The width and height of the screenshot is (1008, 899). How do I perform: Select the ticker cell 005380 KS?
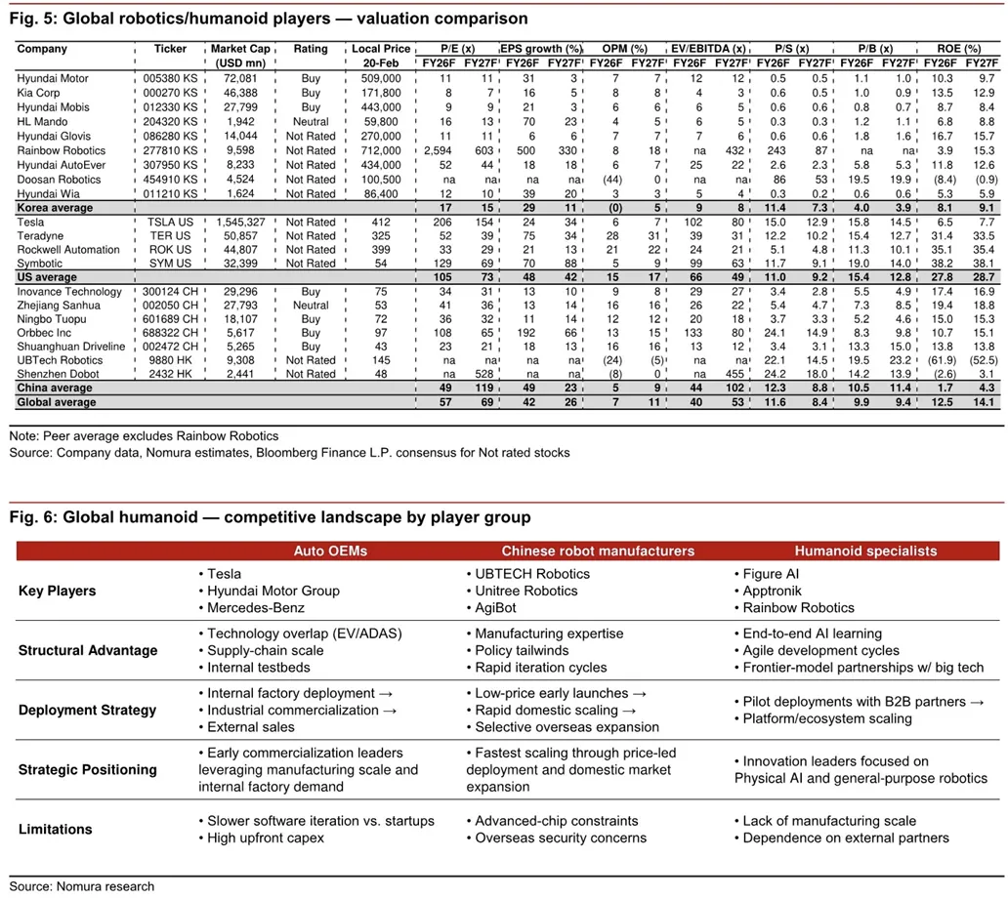pyautogui.click(x=170, y=77)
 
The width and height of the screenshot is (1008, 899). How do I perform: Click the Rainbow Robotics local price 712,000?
pyautogui.click(x=378, y=150)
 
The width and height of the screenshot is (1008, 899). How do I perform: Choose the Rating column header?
pyautogui.click(x=311, y=49)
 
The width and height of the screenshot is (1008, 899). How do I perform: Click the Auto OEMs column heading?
pyautogui.click(x=330, y=551)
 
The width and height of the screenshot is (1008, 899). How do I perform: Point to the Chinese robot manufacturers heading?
pyautogui.click(x=598, y=551)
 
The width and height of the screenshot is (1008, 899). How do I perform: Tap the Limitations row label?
pyautogui.click(x=56, y=829)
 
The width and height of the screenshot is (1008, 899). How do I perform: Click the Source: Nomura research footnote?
pyautogui.click(x=82, y=886)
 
